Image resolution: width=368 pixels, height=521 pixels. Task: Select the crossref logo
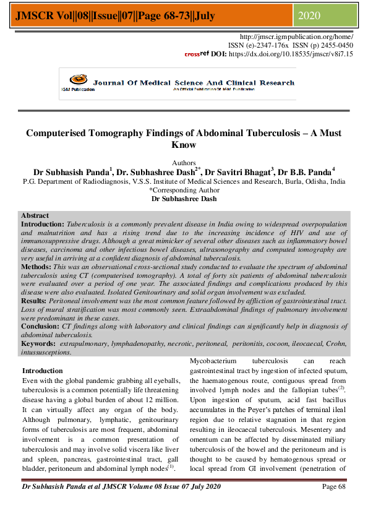coord(197,54)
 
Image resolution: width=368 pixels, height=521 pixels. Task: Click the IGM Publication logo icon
coord(77,80)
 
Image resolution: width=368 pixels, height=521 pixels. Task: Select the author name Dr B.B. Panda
coord(306,171)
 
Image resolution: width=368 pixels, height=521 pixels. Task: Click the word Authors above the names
coord(183,163)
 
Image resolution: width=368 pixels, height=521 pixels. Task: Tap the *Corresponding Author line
coord(184,191)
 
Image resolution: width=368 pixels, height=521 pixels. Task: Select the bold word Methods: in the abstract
coord(39,265)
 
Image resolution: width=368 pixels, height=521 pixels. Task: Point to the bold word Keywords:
coord(40,342)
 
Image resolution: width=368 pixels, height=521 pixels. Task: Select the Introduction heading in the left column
coord(43,371)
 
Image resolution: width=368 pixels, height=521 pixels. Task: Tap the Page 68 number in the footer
coord(337,504)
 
